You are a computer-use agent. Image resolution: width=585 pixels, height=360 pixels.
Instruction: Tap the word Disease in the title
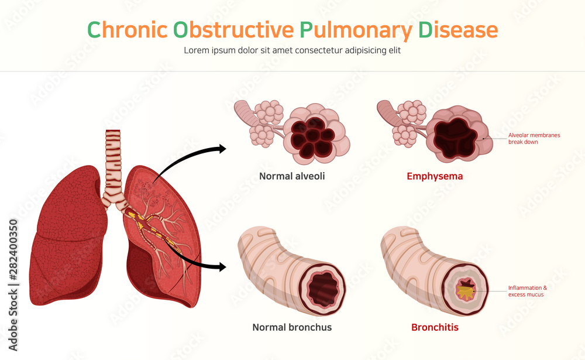(458, 30)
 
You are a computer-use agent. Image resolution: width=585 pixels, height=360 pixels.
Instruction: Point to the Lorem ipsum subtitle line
(292, 50)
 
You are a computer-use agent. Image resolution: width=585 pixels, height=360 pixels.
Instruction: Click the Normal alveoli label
(292, 176)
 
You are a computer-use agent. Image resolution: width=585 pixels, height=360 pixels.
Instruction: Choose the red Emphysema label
(435, 176)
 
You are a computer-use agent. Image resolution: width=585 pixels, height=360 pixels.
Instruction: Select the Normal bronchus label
(292, 327)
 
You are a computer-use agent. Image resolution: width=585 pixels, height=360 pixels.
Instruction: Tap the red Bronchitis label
(435, 327)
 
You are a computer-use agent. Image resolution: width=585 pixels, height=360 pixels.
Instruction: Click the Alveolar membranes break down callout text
(534, 138)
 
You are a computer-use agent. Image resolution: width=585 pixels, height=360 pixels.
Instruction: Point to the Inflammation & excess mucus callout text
(527, 291)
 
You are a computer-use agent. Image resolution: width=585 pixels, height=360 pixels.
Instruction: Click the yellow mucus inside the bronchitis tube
(466, 290)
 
